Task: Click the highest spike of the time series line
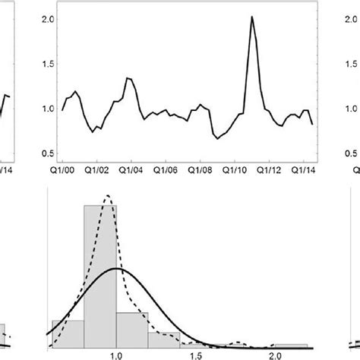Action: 251,17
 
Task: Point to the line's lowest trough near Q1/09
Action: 217,138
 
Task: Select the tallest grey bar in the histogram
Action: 100,273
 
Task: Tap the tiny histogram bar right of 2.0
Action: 292,345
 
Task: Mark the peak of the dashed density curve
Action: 109,196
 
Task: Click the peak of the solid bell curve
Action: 115,268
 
